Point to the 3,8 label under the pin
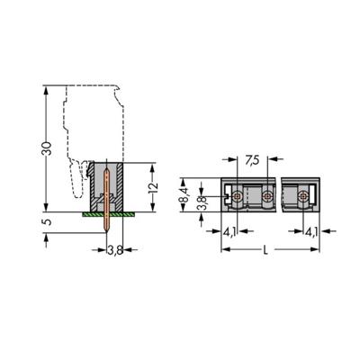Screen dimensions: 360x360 pyautogui.click(x=115, y=249)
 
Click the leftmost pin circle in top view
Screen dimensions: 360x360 pyautogui.click(x=237, y=195)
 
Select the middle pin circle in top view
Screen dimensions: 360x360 pyautogui.click(x=266, y=195)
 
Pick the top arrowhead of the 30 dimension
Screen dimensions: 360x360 pyautogui.click(x=43, y=87)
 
